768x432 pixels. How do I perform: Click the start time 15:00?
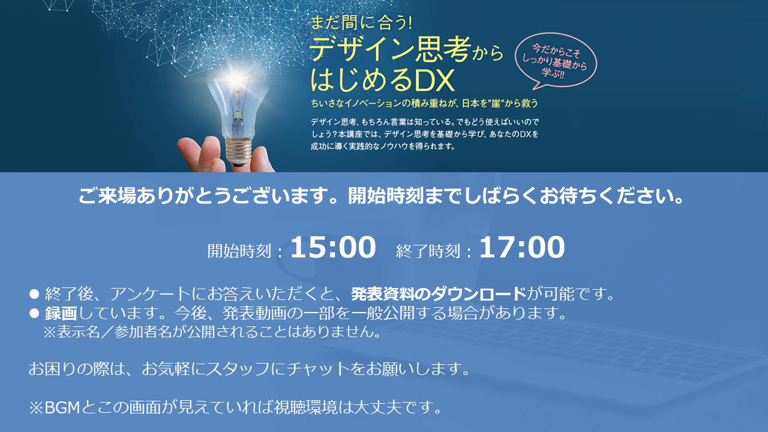333,247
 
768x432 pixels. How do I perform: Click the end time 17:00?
522,247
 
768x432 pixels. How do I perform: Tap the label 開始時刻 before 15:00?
239,251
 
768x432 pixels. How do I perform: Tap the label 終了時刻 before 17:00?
428,251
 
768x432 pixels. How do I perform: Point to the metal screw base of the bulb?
238,151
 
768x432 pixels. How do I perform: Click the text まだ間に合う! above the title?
361,23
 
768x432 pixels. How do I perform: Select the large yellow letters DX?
434,80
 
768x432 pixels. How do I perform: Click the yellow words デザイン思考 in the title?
390,49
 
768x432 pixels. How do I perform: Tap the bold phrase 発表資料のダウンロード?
439,294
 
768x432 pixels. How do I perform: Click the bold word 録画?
61,313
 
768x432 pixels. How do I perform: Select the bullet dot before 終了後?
34,294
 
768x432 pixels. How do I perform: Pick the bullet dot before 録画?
34,313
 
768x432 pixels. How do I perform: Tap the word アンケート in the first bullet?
150,294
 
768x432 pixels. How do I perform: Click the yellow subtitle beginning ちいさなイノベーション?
424,103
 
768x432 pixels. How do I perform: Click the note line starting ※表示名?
212,332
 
